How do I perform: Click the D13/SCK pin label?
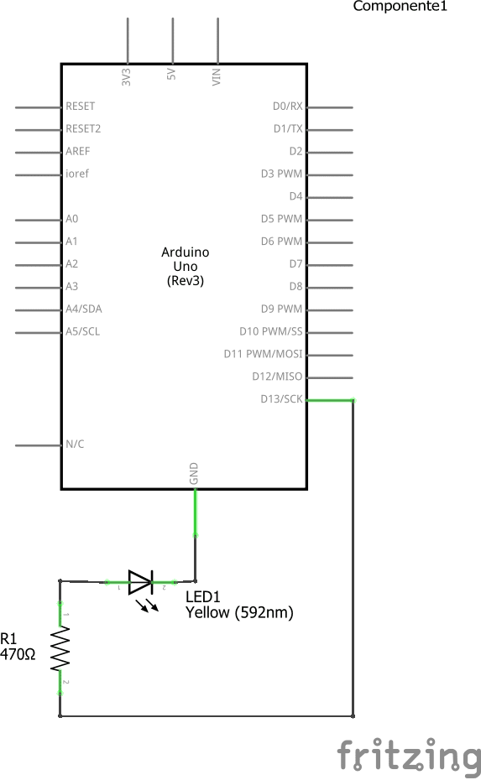coord(281,399)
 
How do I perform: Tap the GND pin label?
coord(194,473)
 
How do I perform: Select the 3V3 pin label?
coord(126,77)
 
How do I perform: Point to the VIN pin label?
coord(216,77)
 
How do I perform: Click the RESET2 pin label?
coord(83,129)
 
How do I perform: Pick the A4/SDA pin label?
coord(84,309)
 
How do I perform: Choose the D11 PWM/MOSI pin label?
coord(263,354)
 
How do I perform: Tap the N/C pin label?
coord(75,444)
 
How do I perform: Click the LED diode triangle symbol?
coord(140,582)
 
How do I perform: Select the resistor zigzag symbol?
coord(60,648)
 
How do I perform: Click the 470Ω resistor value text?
coord(18,655)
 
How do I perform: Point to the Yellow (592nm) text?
coord(239,612)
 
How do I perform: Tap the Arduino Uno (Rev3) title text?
coord(186,267)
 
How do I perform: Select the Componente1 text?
coord(400,6)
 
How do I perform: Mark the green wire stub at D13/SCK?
coord(330,400)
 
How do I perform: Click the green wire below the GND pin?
coord(196,512)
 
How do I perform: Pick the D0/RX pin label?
coord(287,106)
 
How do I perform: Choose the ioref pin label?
coord(77,174)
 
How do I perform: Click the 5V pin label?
coord(170,74)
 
